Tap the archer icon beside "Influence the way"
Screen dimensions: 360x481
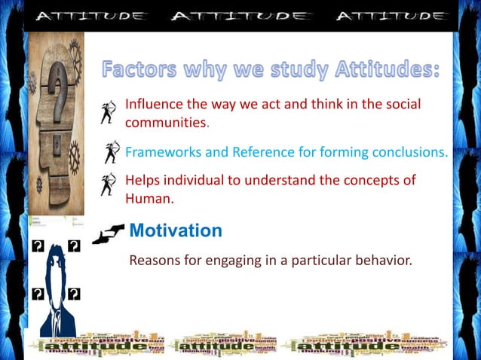(x=110, y=111)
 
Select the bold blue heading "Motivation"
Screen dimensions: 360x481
(x=176, y=230)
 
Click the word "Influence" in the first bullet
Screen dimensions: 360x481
(x=154, y=104)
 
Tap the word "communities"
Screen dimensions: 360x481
(x=165, y=122)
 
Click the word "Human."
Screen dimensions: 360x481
(x=149, y=200)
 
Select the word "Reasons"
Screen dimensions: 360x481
(x=155, y=261)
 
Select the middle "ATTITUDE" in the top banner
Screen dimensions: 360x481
(x=240, y=16)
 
